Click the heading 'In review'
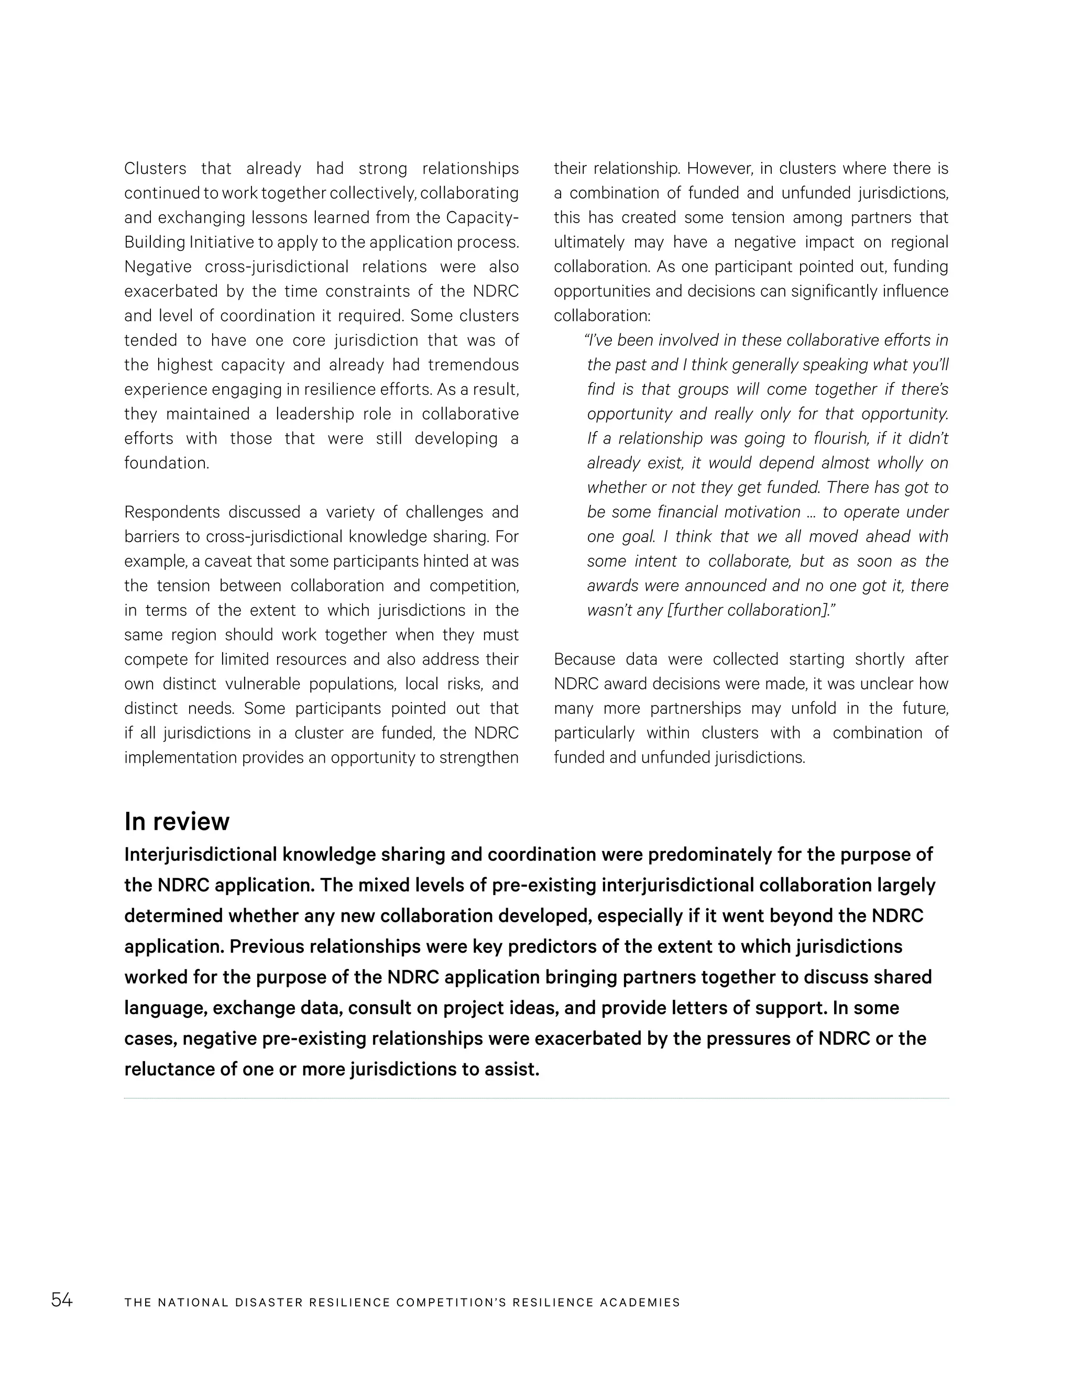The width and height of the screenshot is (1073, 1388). pos(177,821)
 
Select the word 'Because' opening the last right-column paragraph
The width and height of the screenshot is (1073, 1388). pos(584,659)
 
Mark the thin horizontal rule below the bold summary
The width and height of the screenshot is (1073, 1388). pos(536,1098)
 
